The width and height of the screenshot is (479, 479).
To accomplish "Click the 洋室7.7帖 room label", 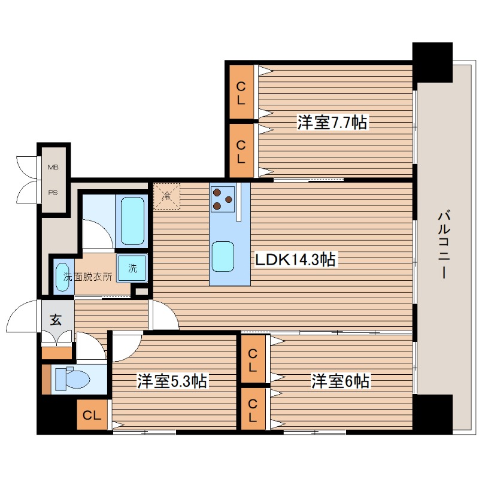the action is tap(332, 122).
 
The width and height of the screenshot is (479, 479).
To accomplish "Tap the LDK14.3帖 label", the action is tap(295, 260).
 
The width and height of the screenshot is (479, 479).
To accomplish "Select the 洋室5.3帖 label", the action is tap(172, 381).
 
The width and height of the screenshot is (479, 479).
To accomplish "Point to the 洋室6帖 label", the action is tap(340, 381).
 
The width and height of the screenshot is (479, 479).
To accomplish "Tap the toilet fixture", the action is tap(72, 379).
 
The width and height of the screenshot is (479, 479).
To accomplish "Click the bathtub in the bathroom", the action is tap(132, 220).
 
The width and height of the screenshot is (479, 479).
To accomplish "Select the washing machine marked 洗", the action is tap(132, 268).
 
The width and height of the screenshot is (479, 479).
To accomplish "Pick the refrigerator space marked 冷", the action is tap(167, 196).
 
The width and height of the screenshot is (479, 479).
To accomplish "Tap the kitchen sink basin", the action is tap(223, 256).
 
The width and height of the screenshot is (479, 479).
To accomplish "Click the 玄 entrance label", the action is tap(56, 320).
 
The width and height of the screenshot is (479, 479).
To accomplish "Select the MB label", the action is tap(53, 167).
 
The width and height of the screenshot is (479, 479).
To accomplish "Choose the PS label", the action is tap(53, 193).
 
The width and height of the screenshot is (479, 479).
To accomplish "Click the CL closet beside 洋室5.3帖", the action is tap(92, 415).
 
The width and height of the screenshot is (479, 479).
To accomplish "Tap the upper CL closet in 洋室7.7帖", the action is tap(241, 92).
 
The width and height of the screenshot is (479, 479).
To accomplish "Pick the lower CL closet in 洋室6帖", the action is tap(253, 409).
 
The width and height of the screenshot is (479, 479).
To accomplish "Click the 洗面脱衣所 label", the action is tap(87, 277).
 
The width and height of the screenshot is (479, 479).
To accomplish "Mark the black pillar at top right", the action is tap(432, 62).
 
